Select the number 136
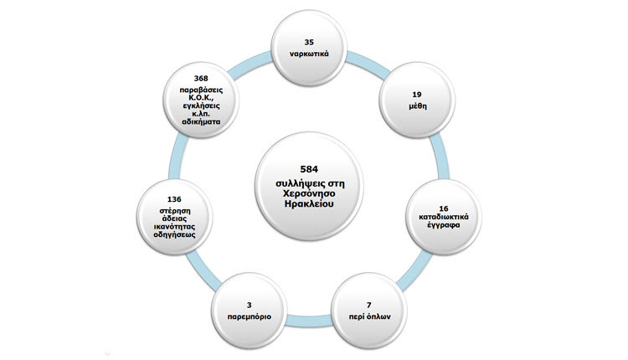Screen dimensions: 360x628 [173, 199]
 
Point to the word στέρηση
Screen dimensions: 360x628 [173, 211]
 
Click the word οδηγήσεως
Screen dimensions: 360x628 [173, 235]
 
